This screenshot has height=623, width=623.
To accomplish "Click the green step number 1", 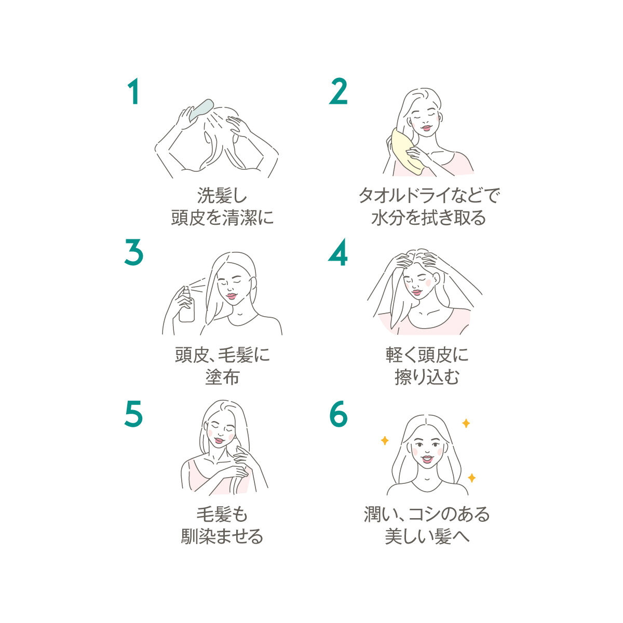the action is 133,91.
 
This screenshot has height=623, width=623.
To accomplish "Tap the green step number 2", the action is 338,91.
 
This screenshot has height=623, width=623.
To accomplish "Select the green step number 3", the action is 133,252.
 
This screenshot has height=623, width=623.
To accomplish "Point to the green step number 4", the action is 338,252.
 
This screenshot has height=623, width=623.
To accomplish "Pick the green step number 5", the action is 133,414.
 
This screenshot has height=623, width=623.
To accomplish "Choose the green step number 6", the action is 338,414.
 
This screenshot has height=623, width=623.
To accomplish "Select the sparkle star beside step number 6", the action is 384,440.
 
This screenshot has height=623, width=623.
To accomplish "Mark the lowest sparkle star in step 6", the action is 472,478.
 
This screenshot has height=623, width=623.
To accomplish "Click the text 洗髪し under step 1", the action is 222,196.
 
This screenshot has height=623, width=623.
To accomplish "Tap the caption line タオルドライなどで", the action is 429,195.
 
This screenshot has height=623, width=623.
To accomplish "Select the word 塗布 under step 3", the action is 222,377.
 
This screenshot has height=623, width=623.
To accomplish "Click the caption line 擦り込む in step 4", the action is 427,377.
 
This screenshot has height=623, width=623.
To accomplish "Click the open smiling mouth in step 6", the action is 427,459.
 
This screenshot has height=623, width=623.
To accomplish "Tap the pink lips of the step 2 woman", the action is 426,128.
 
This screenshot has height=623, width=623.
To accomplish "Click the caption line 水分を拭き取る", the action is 429,218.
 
